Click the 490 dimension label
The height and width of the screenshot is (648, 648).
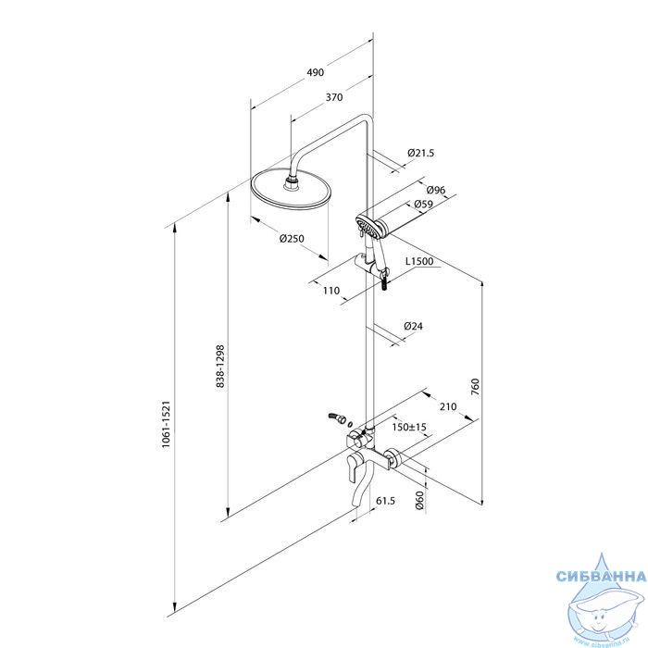click(x=316, y=72)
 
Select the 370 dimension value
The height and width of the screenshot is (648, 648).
click(x=334, y=97)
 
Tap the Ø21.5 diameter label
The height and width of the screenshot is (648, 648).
click(x=420, y=153)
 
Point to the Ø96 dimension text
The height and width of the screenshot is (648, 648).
click(x=436, y=190)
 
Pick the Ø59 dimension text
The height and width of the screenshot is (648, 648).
click(x=423, y=204)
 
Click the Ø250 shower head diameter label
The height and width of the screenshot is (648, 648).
click(x=292, y=239)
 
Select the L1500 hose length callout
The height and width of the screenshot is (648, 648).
click(x=419, y=261)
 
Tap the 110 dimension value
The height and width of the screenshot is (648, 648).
click(x=330, y=291)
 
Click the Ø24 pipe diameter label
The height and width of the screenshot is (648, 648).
click(x=413, y=326)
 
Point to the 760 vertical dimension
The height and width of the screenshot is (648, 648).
click(x=475, y=387)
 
